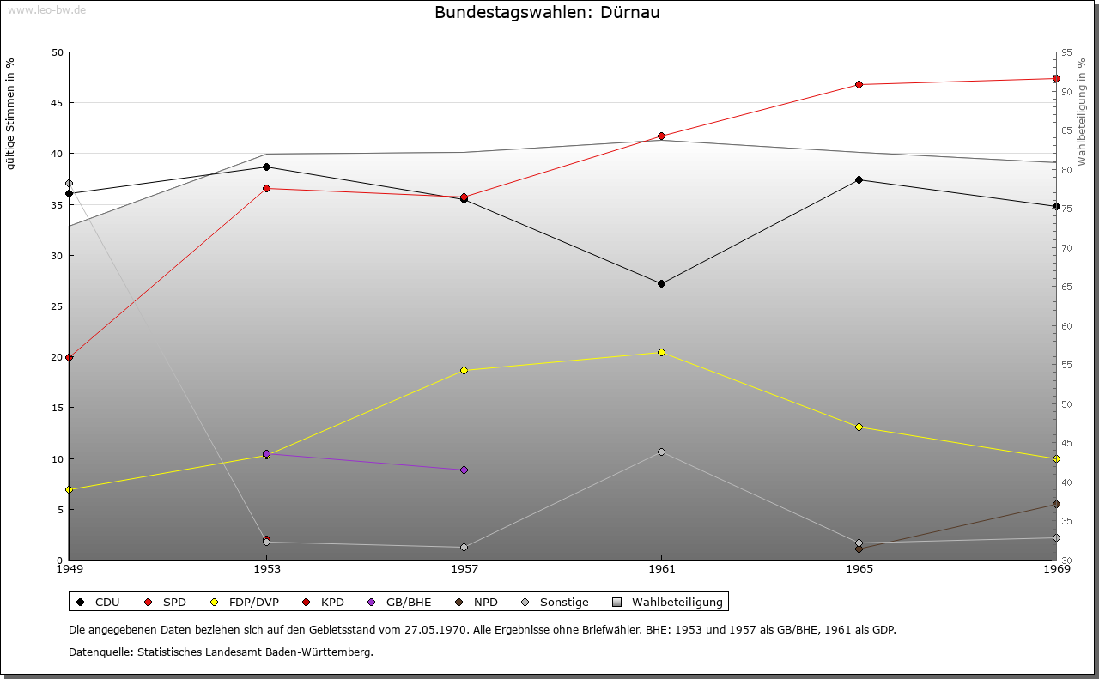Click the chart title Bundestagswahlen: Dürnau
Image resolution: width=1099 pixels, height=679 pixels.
[x=547, y=13]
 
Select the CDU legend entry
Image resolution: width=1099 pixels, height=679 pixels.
[x=99, y=602]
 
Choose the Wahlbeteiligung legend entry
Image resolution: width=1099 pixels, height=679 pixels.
[x=669, y=602]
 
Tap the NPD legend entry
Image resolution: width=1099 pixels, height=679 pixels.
[x=477, y=602]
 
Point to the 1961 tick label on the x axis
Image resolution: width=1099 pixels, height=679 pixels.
[x=661, y=568]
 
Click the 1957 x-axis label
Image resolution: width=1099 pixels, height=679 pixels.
[x=464, y=568]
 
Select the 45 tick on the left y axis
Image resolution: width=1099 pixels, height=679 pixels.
[x=57, y=103]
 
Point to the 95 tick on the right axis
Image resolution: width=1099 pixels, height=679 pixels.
[x=1066, y=52]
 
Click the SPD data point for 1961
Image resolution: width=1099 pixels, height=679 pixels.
[x=661, y=136]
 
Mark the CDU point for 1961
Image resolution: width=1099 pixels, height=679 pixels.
[x=661, y=283]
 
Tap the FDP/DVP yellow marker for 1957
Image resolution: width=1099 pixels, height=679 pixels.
[x=464, y=370]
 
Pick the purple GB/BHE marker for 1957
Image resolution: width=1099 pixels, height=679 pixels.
[x=464, y=470]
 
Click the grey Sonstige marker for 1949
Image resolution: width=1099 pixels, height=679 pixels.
[x=69, y=184]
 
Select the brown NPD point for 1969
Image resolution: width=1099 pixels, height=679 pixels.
[x=1056, y=504]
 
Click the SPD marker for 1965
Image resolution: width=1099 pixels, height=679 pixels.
[x=859, y=84]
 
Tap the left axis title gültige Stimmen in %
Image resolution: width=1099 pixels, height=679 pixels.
[x=11, y=113]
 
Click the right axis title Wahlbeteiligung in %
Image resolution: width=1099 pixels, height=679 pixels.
[x=1082, y=112]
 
